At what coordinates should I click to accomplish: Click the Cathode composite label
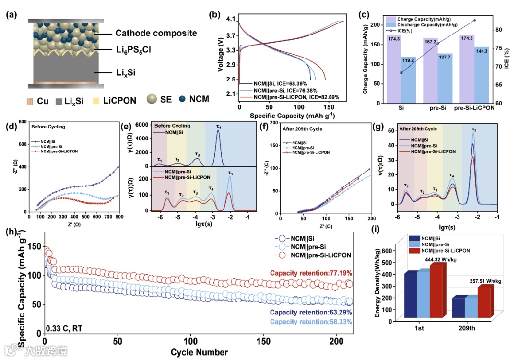pyautogui.click(x=149, y=33)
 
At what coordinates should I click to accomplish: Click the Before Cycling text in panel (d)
pyautogui.click(x=48, y=127)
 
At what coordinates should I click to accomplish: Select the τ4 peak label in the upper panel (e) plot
pyautogui.click(x=219, y=127)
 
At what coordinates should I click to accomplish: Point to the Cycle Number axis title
pyautogui.click(x=199, y=352)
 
